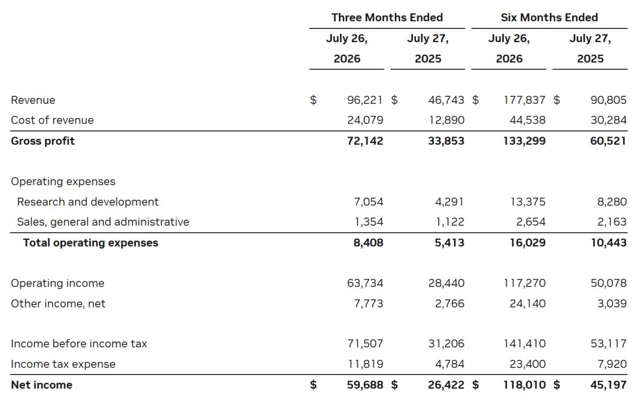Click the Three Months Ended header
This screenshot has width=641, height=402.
(x=387, y=18)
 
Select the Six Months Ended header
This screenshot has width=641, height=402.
(x=550, y=18)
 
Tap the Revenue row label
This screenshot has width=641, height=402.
(x=33, y=100)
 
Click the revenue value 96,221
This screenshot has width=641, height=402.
(x=365, y=100)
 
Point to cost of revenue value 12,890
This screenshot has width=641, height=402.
(x=446, y=120)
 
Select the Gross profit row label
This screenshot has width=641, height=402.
(x=43, y=141)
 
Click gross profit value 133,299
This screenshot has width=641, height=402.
(x=525, y=141)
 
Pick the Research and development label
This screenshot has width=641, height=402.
(x=88, y=202)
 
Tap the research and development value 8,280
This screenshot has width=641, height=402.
(x=612, y=202)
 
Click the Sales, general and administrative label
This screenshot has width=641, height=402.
(x=103, y=222)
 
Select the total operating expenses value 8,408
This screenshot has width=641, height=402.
(x=369, y=243)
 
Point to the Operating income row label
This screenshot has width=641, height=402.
(x=58, y=283)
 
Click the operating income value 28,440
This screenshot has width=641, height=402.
(x=446, y=283)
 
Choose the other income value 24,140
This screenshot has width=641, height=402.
(x=528, y=304)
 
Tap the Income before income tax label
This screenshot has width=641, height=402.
(x=79, y=344)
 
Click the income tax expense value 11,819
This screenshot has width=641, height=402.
(x=366, y=365)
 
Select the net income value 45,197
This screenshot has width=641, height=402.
(x=609, y=385)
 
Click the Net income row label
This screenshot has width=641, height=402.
(x=42, y=385)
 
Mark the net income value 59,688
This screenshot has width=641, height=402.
(x=365, y=385)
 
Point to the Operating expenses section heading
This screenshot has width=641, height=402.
(x=64, y=182)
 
